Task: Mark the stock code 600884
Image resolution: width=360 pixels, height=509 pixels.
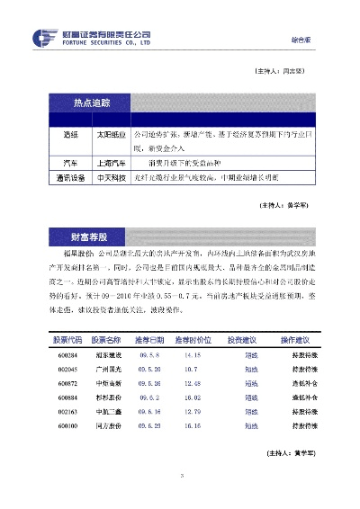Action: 67,396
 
